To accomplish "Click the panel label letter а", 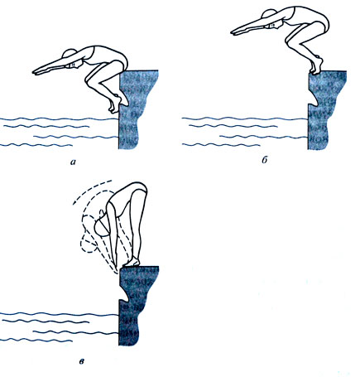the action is click(73, 162).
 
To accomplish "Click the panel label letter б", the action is click(265, 160).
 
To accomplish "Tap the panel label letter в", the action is click(82, 361).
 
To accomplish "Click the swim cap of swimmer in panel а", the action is click(69, 53).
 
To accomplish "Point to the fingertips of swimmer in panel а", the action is click(35, 73).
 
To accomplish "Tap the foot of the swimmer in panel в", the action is click(131, 262).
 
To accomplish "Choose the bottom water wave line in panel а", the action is click(36, 145).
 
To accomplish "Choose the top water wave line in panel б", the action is click(245, 118).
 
